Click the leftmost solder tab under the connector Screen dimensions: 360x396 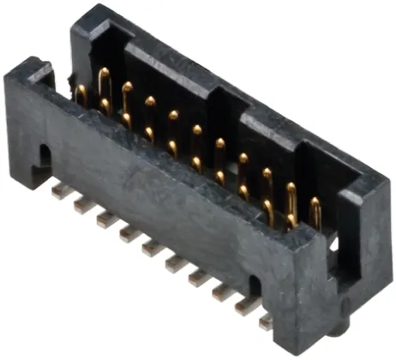(60, 191)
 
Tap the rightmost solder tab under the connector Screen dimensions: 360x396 (267, 320)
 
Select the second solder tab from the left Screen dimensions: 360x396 (82, 205)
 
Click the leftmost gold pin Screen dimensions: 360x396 (81, 93)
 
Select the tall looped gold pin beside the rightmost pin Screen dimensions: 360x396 (291, 202)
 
